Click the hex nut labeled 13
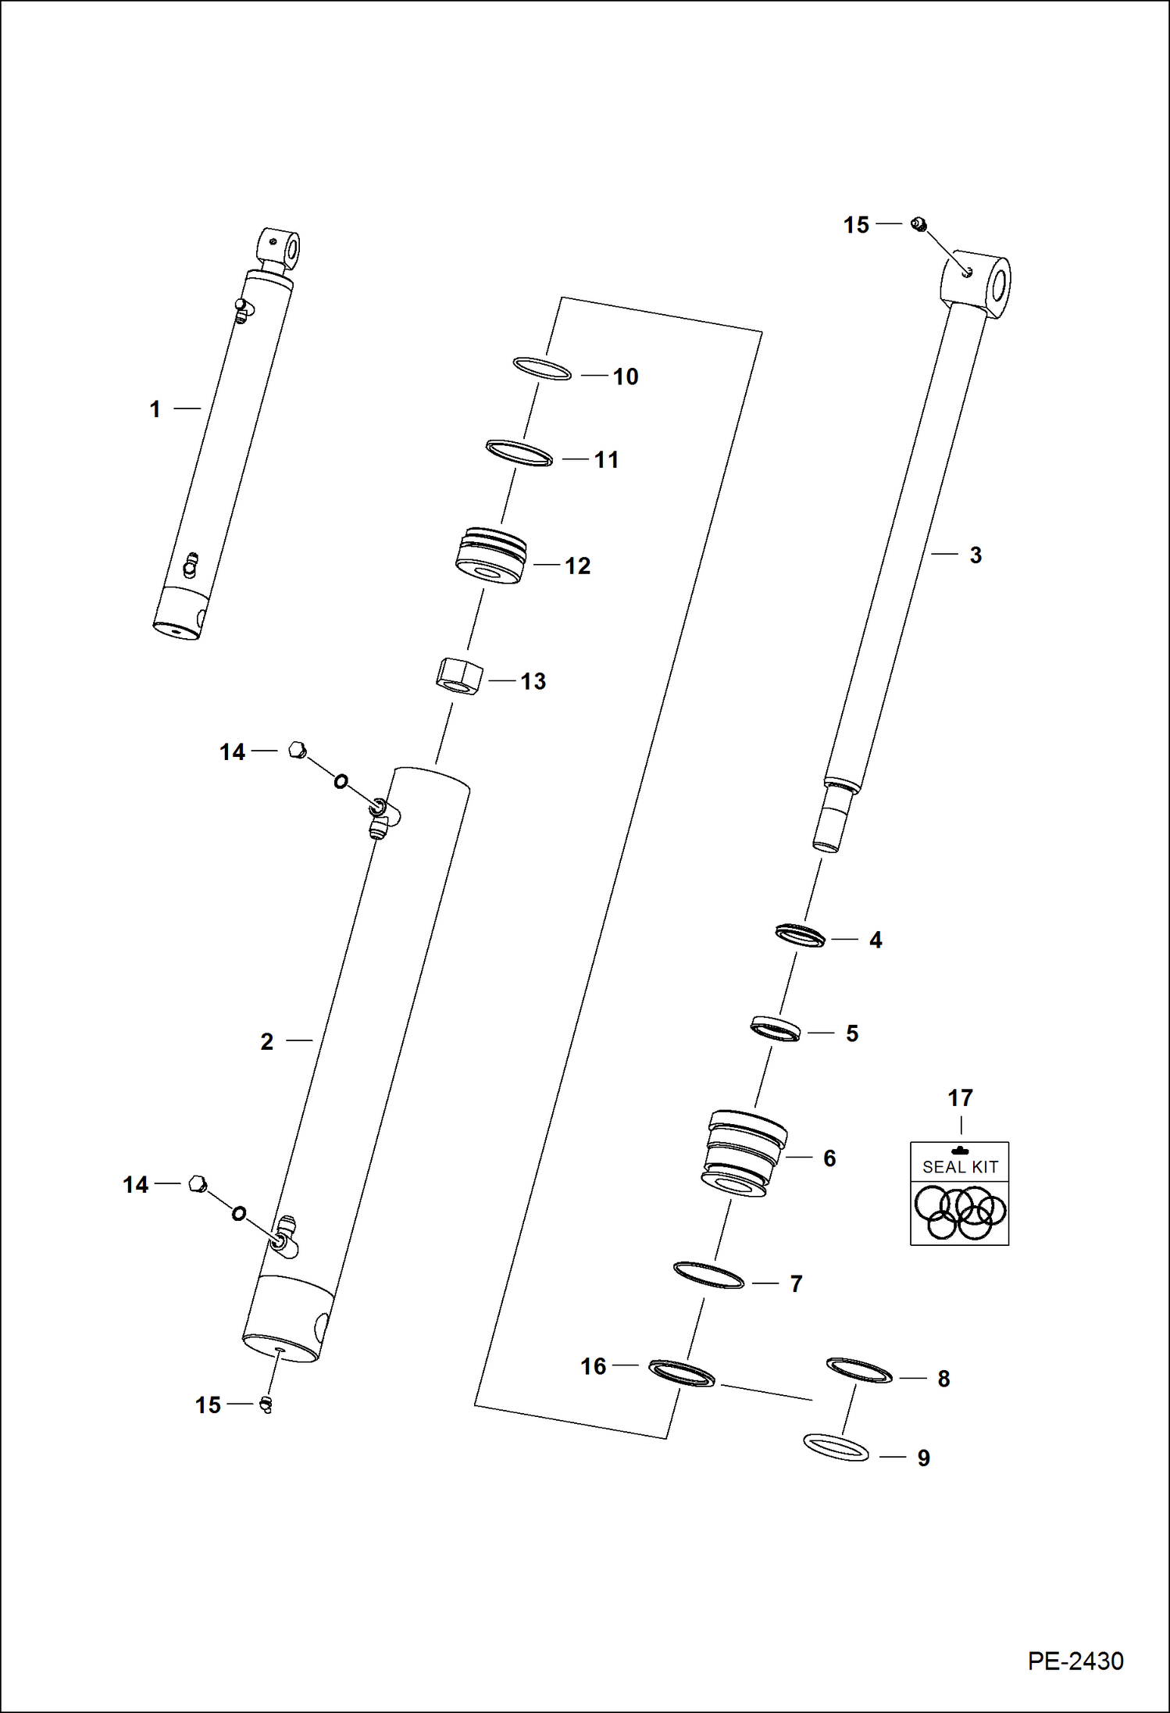pyautogui.click(x=458, y=676)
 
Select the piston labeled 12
pyautogui.click(x=490, y=557)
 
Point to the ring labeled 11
pyautogui.click(x=519, y=453)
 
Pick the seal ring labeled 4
pyautogui.click(x=801, y=935)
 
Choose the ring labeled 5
pyautogui.click(x=776, y=1029)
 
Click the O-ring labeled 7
pyautogui.click(x=708, y=1275)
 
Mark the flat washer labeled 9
pyautogui.click(x=836, y=1447)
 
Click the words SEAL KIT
pyautogui.click(x=960, y=1167)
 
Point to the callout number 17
pyautogui.click(x=960, y=1098)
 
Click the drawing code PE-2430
pyautogui.click(x=1075, y=1661)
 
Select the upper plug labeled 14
pyautogui.click(x=297, y=751)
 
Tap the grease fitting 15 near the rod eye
pyautogui.click(x=919, y=225)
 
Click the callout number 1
pyautogui.click(x=155, y=409)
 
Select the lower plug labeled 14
pyautogui.click(x=198, y=1184)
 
